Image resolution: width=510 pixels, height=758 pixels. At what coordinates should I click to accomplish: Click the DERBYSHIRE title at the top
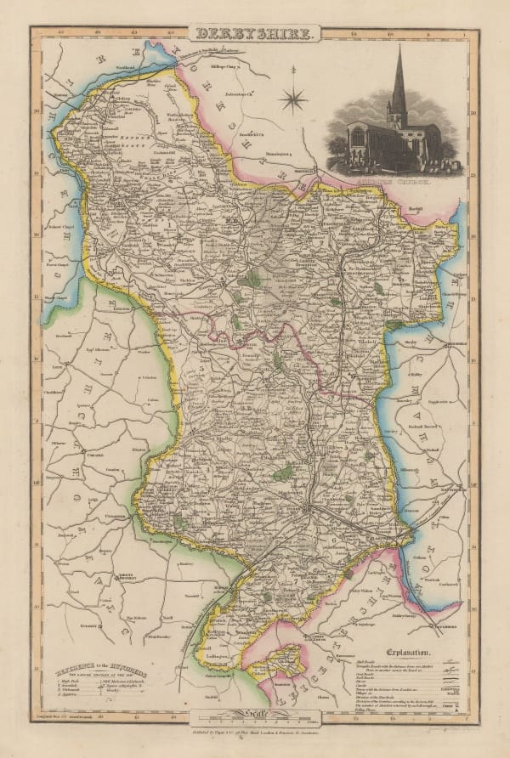click(x=255, y=35)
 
